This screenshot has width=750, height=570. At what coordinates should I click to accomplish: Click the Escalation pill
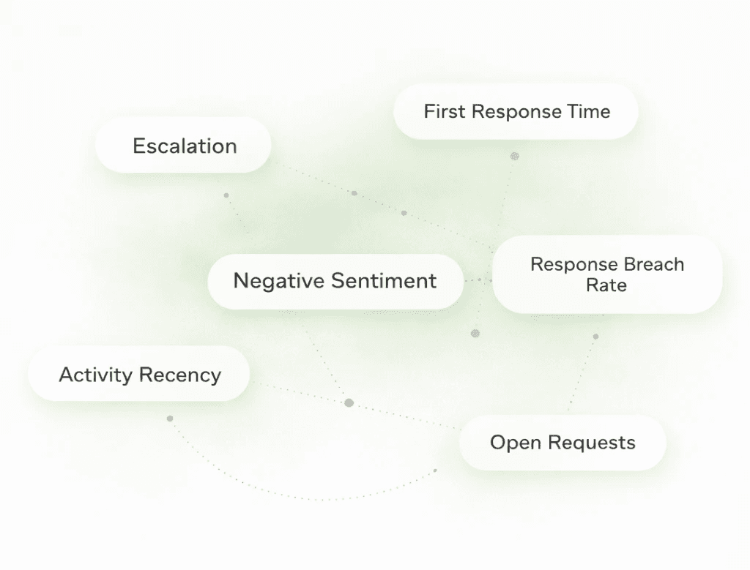pos(184,146)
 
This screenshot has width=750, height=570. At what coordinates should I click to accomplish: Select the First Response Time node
pos(516,112)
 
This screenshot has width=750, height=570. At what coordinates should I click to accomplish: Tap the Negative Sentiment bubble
pos(335,281)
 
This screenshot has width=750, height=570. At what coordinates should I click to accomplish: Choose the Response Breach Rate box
pos(607,274)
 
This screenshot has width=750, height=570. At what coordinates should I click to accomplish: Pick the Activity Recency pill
pos(139,375)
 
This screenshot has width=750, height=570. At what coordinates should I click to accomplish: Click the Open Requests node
pos(562,443)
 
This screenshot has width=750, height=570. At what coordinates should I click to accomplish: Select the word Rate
pos(606,285)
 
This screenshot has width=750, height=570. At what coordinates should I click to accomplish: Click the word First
pos(445,112)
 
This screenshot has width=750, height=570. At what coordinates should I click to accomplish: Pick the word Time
pos(588,112)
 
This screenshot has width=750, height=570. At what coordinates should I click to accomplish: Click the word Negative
pos(278,281)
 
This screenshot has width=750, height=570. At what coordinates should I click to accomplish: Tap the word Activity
pos(95,375)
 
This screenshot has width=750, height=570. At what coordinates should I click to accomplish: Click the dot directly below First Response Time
pos(514,156)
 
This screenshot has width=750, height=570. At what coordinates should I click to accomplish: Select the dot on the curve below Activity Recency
pos(170,419)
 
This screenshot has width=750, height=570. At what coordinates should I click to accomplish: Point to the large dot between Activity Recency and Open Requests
pos(349,402)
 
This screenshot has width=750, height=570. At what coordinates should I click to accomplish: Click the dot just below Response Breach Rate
pos(595,337)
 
